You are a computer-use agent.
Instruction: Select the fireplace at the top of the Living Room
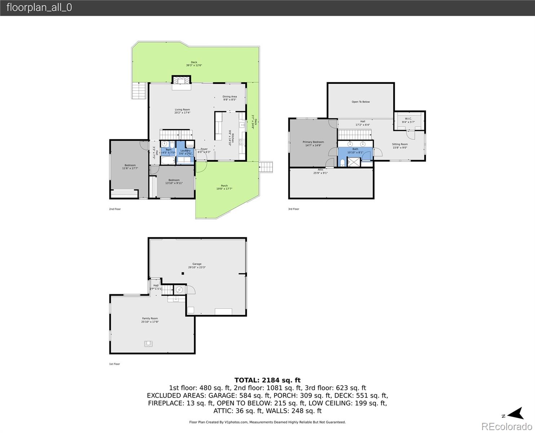point(181,80)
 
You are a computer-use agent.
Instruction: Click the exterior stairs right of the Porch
point(266,167)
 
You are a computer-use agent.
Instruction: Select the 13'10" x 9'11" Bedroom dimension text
point(174,183)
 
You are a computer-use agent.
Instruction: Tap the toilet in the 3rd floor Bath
point(342,163)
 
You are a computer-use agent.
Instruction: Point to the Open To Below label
point(361,102)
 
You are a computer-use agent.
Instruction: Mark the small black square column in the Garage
point(183,274)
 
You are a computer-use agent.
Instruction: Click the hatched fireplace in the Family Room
point(148,344)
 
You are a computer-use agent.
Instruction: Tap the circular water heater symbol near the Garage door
point(179,289)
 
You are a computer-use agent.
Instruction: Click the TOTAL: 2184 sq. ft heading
point(267,380)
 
